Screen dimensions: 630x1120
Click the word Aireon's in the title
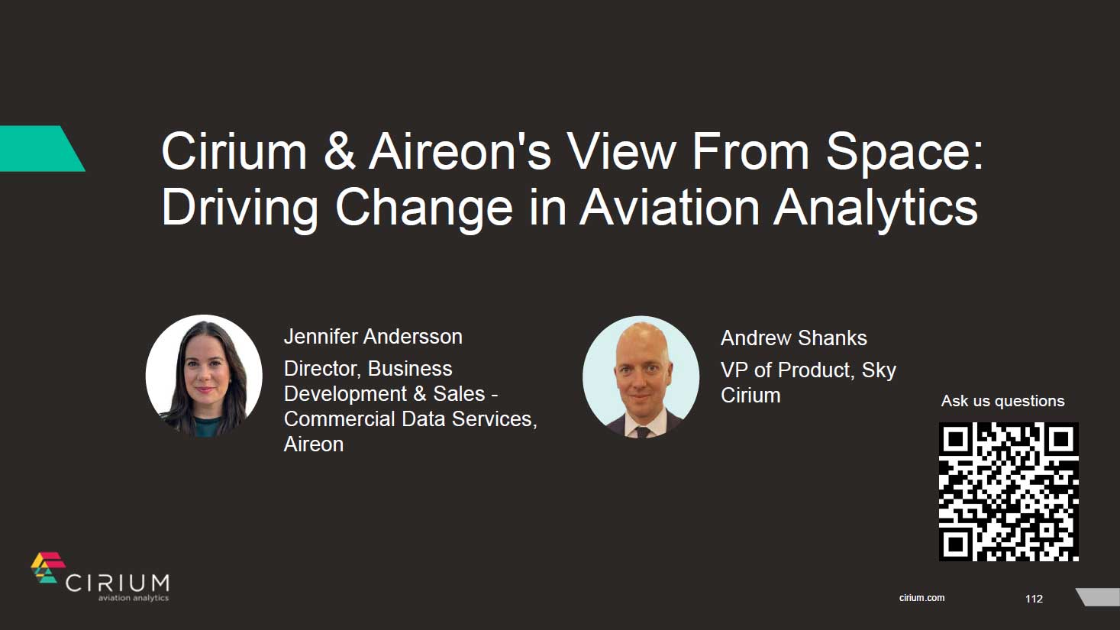(x=460, y=151)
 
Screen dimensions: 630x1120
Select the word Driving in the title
(x=239, y=207)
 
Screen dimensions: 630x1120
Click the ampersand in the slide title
(x=339, y=151)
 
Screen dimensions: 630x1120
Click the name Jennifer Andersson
(x=373, y=337)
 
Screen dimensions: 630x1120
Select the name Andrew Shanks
(x=793, y=338)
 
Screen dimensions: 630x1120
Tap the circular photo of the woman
(x=204, y=376)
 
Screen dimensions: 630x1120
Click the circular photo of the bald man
(x=641, y=376)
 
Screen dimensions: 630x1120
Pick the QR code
(x=1008, y=492)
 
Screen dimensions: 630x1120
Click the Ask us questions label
(x=1002, y=401)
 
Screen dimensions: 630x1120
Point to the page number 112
(x=1034, y=599)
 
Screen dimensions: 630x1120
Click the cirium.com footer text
(x=921, y=598)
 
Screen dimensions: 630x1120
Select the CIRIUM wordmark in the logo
(x=118, y=583)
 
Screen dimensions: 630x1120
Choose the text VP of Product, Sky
(x=808, y=370)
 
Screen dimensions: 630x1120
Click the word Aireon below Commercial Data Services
(x=314, y=444)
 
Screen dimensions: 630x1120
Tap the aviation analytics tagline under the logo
(x=133, y=598)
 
